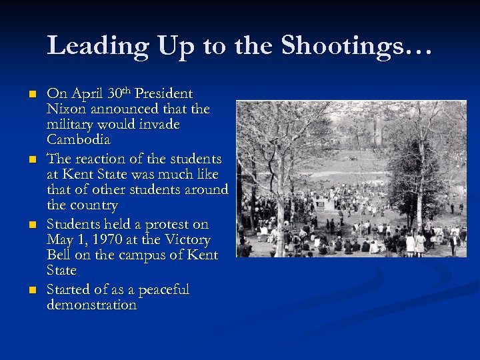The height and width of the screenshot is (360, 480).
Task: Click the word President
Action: [x=164, y=94]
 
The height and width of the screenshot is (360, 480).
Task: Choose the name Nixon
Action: [x=66, y=109]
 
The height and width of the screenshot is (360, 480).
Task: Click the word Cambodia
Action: [x=79, y=140]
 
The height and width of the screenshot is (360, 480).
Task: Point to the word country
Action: [x=94, y=205]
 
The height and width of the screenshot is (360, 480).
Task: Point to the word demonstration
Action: [x=91, y=305]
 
